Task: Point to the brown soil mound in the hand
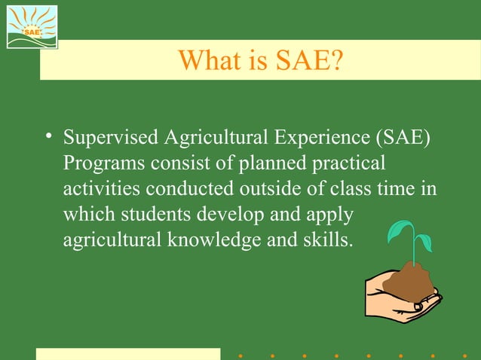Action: click(x=408, y=280)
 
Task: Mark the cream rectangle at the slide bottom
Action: click(x=128, y=354)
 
